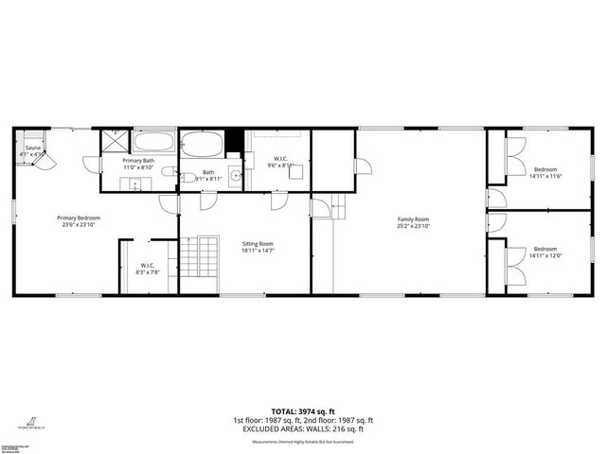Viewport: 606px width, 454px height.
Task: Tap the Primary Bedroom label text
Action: (80, 218)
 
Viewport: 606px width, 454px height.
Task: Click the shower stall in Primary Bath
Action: (115, 141)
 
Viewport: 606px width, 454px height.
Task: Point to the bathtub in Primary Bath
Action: (153, 143)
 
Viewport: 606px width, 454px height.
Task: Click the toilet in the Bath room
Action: (187, 176)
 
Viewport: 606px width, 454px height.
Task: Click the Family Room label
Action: (413, 219)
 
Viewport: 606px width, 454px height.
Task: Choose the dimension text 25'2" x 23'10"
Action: (413, 227)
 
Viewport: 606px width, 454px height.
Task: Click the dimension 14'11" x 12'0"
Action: (544, 256)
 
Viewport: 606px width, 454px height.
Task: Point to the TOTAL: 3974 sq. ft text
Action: (303, 410)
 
